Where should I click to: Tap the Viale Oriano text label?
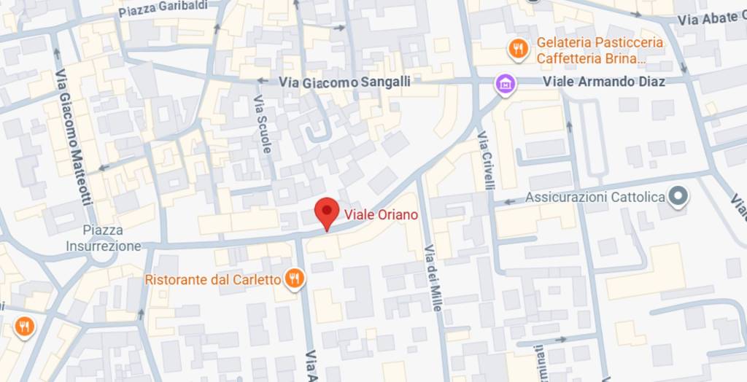pyautogui.click(x=381, y=214)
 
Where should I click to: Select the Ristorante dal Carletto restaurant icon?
pyautogui.click(x=294, y=278)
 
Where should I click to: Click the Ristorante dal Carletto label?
pyautogui.click(x=213, y=279)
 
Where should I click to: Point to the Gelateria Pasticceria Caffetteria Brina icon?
pyautogui.click(x=517, y=50)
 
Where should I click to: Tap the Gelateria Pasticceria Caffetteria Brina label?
pyautogui.click(x=600, y=50)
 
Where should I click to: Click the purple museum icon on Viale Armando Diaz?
pyautogui.click(x=505, y=83)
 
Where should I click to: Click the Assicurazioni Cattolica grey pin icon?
pyautogui.click(x=679, y=197)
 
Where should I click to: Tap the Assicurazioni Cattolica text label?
pyautogui.click(x=595, y=198)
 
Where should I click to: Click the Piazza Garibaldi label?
pyautogui.click(x=163, y=8)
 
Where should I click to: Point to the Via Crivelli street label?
pyautogui.click(x=486, y=160)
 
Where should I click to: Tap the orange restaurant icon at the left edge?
pyautogui.click(x=24, y=327)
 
